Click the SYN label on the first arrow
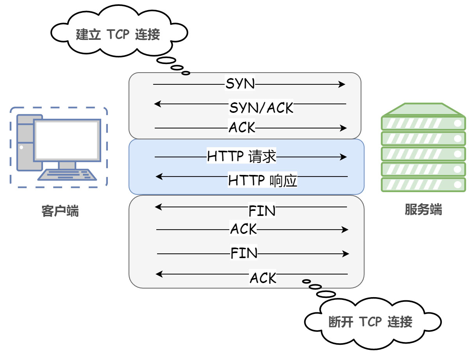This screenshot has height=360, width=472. click(x=240, y=84)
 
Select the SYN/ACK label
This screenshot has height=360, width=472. click(x=261, y=107)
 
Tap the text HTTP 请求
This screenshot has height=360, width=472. click(x=241, y=157)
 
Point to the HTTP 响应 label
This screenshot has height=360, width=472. click(x=263, y=181)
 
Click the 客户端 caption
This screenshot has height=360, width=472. click(x=60, y=211)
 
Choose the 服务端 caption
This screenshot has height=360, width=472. click(x=423, y=210)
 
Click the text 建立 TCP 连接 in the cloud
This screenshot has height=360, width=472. click(x=118, y=35)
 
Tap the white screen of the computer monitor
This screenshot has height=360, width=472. click(x=66, y=140)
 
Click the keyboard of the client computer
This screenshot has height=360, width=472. click(x=67, y=175)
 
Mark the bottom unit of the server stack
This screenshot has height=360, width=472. click(x=423, y=185)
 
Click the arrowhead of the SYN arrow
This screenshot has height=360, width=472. click(x=342, y=84)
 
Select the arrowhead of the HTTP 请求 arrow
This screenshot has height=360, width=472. click(x=343, y=157)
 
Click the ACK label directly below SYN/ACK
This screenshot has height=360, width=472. click(x=242, y=128)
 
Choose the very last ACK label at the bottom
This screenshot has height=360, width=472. click(x=263, y=278)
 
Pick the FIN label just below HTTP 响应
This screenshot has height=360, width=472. click(x=262, y=211)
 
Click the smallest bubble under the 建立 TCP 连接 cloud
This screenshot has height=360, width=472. click(x=186, y=73)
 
